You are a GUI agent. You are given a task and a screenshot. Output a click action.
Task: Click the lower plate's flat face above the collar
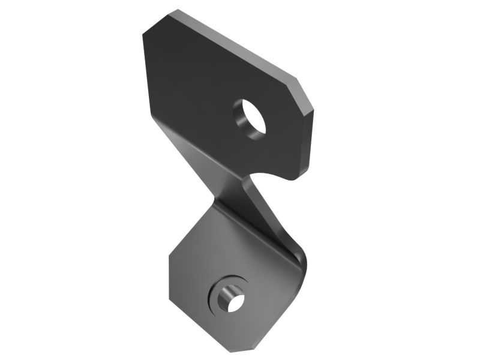click(x=228, y=252)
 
